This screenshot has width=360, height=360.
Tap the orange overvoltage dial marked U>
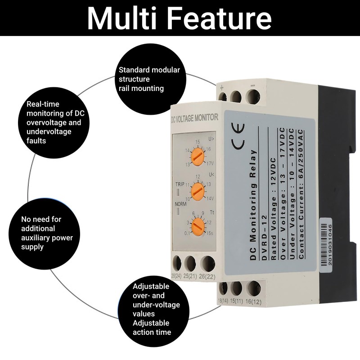tap(196, 157)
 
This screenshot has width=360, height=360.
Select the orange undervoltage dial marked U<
tap(197, 191)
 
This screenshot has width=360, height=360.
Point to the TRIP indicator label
tap(180, 184)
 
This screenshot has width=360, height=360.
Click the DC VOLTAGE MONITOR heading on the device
tap(195, 118)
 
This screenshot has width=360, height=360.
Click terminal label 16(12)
tap(255, 301)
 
